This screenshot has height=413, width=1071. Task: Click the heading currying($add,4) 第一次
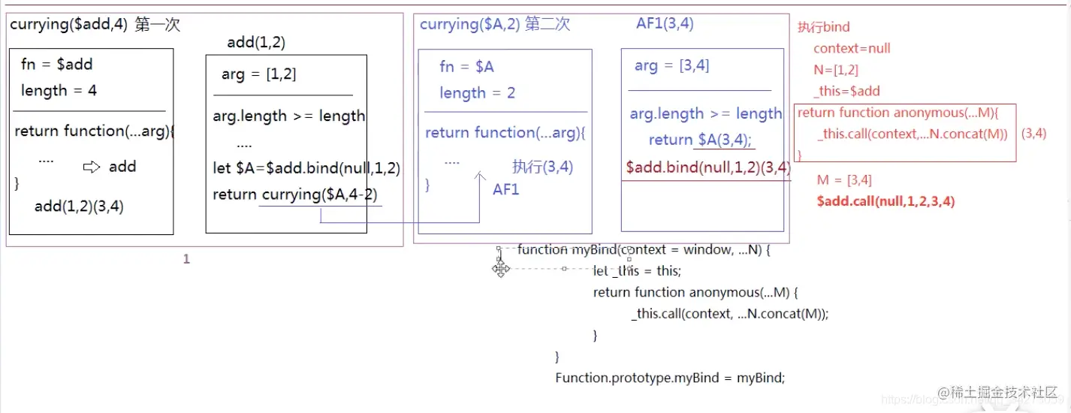[x=95, y=25]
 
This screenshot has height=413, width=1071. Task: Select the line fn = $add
[x=56, y=65]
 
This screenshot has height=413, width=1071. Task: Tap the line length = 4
[x=59, y=91]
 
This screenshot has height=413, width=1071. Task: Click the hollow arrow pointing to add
[x=92, y=167]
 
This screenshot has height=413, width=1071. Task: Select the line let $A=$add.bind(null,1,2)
[x=306, y=168]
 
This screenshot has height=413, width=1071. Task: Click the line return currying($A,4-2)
[x=295, y=195]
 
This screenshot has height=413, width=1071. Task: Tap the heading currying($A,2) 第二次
[x=495, y=25]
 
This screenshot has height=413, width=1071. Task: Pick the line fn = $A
[x=466, y=67]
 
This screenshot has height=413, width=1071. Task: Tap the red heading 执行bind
[x=823, y=28]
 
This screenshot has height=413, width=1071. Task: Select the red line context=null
[x=852, y=49]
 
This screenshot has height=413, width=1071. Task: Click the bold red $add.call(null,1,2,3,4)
[x=885, y=201]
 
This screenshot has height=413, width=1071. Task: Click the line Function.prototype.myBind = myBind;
[x=670, y=378]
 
